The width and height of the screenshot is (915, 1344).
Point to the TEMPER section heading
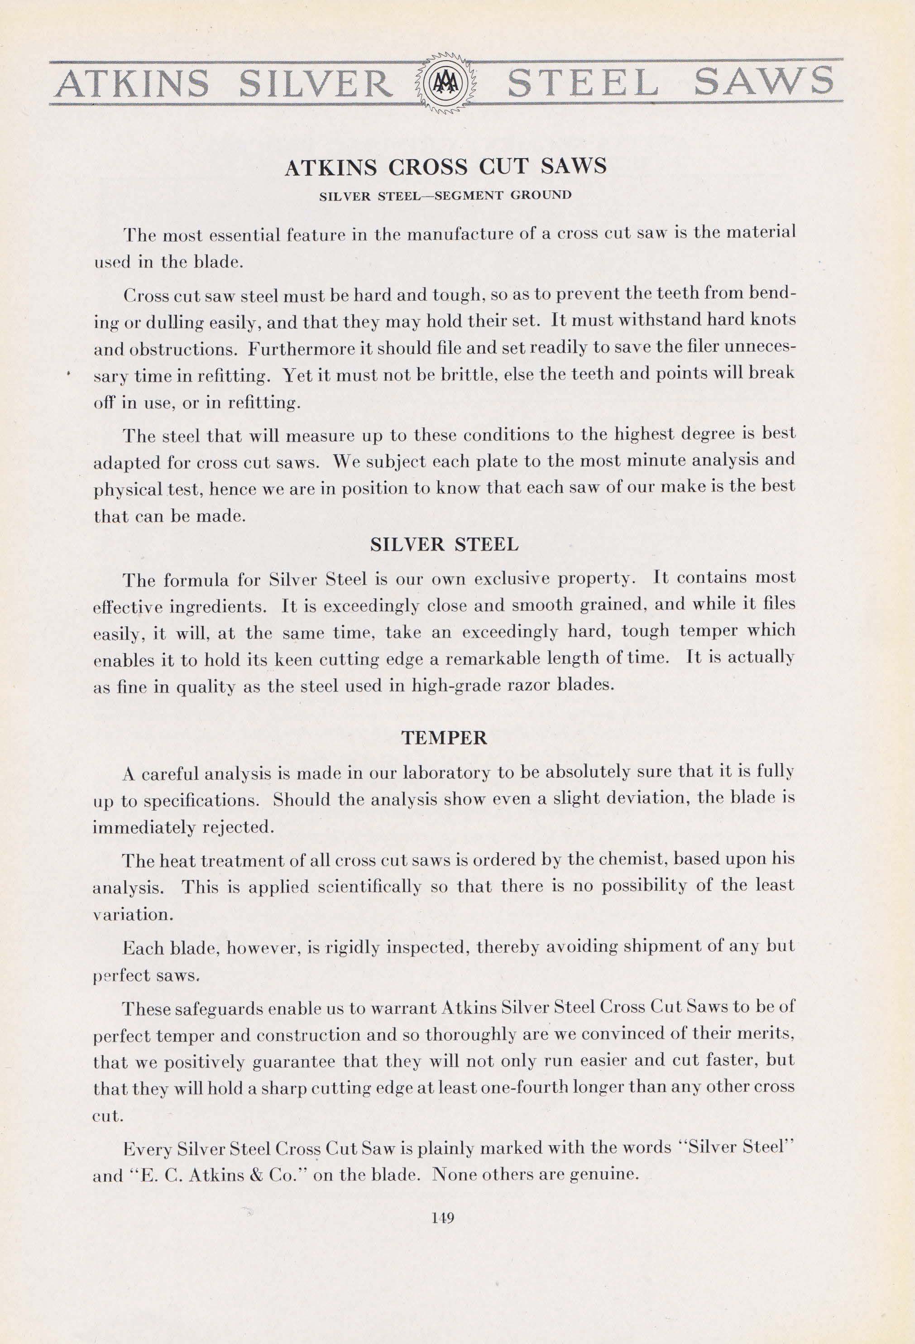tap(444, 738)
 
